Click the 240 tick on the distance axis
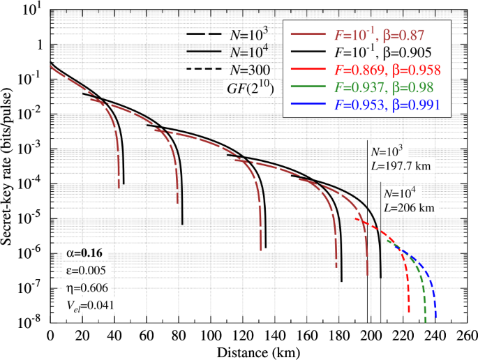coord(435,336)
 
